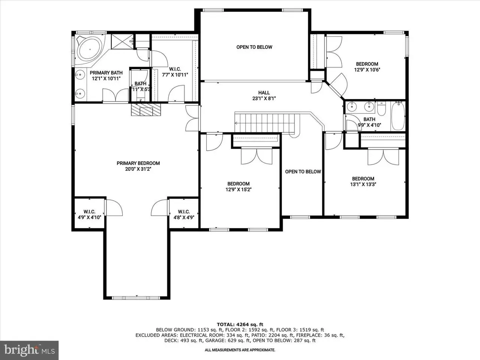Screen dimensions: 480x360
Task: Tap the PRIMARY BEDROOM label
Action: click(x=138, y=163)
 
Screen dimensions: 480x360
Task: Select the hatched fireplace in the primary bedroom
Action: click(x=146, y=109)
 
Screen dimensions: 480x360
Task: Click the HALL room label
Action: click(x=264, y=93)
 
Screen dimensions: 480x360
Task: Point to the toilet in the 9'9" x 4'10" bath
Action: click(x=381, y=109)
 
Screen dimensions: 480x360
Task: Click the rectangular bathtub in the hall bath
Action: click(x=398, y=116)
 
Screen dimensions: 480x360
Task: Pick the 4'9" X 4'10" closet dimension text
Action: click(x=90, y=217)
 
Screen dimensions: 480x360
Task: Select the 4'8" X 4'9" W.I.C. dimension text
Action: click(x=184, y=217)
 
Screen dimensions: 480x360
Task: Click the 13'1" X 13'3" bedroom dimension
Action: click(x=363, y=184)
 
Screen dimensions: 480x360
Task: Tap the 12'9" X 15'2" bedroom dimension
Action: click(x=238, y=189)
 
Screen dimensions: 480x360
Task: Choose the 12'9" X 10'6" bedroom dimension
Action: click(x=367, y=70)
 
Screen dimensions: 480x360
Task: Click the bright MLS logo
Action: click(x=29, y=350)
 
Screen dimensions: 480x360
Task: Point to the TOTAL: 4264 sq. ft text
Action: click(x=240, y=324)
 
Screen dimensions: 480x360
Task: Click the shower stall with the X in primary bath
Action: click(x=122, y=42)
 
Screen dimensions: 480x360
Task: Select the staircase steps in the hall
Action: click(x=264, y=123)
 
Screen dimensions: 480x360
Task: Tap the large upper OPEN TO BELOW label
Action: click(x=254, y=47)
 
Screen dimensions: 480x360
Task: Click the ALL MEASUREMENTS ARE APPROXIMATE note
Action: click(x=240, y=350)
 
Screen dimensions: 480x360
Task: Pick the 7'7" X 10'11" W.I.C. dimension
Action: click(x=175, y=75)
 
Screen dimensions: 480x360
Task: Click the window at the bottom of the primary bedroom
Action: click(x=136, y=298)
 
